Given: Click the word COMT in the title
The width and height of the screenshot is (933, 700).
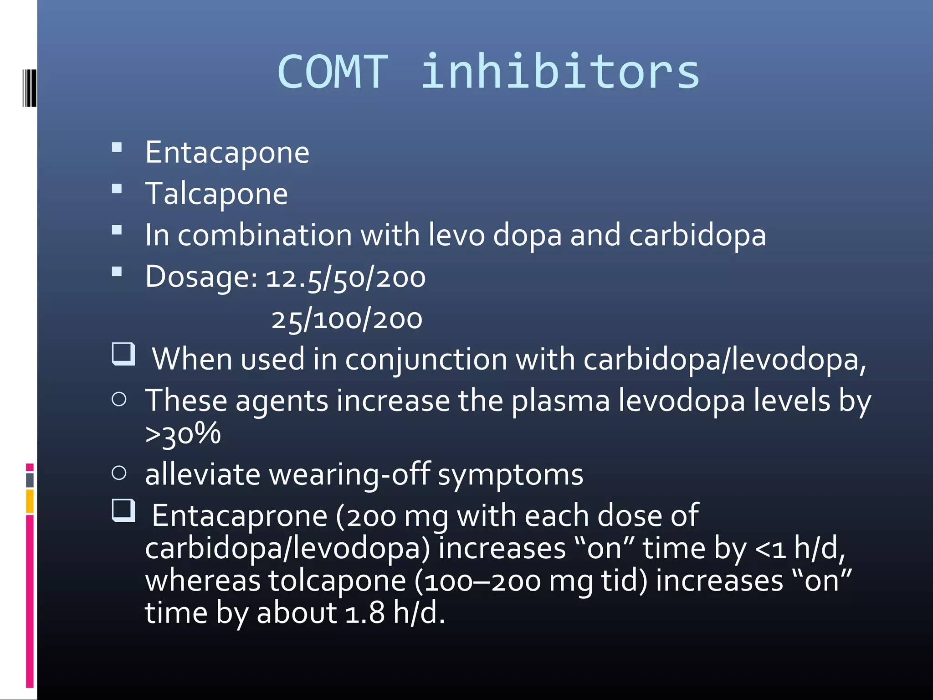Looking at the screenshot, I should [333, 72].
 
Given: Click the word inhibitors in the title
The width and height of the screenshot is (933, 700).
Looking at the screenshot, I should [559, 72].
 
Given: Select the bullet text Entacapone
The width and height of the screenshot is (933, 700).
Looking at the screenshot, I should [227, 152].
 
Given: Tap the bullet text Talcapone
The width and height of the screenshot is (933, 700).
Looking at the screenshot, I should [216, 194].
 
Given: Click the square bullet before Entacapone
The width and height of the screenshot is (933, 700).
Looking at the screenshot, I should [117, 147].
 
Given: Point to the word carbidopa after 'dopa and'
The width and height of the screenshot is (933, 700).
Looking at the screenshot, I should [697, 235].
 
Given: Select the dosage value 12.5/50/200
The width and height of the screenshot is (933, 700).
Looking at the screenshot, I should [345, 278].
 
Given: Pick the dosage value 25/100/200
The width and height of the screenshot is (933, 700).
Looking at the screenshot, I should [347, 319].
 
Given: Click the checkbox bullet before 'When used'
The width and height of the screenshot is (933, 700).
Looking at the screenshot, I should [123, 354].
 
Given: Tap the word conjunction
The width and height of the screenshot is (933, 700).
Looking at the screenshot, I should [426, 360].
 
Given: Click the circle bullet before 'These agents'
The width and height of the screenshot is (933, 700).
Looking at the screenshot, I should [119, 400].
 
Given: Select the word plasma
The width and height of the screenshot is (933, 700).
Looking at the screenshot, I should [560, 401].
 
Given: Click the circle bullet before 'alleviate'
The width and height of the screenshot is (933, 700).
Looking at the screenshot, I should [119, 473].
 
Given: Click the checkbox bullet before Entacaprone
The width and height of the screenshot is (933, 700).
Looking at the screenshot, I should [123, 510].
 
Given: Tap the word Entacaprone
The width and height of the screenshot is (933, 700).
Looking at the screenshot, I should [239, 516].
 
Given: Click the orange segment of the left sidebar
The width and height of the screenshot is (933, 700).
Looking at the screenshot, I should [30, 501].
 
